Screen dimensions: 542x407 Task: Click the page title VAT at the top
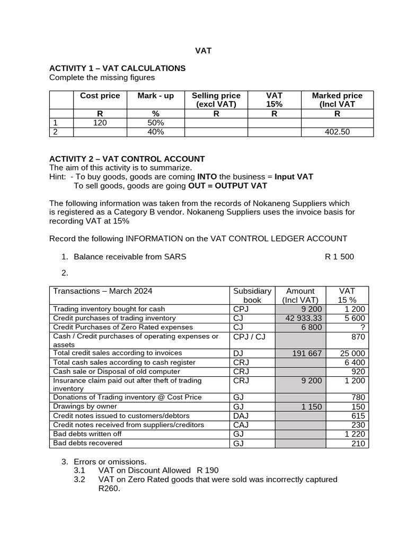[x=203, y=51]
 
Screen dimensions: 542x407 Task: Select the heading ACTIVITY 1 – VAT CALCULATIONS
[x=117, y=68]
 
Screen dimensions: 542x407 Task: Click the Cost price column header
[x=100, y=96]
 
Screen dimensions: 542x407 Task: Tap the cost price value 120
[x=100, y=123]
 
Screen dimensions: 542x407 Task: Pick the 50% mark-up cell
[x=156, y=123]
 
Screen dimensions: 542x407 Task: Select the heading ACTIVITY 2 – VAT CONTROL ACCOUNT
[x=127, y=159]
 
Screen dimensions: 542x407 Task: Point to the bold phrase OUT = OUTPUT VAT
[x=228, y=186]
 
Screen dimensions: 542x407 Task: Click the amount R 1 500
[x=339, y=257]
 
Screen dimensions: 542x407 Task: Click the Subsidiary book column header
[x=252, y=295]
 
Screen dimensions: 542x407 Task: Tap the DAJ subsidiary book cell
[x=241, y=416]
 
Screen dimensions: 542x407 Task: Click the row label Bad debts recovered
[x=87, y=443]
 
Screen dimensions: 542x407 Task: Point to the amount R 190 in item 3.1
[x=207, y=470]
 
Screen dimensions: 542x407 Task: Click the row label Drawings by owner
[x=85, y=406]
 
